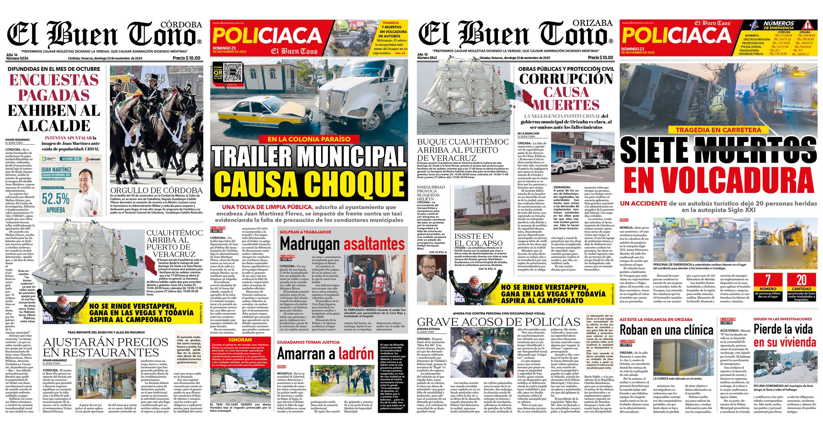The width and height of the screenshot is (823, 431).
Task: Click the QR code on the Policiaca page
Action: [x=233, y=73]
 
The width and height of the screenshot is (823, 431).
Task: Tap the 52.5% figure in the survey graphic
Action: [x=56, y=199]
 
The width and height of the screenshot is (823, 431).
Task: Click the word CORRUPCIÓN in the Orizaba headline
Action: [x=566, y=78]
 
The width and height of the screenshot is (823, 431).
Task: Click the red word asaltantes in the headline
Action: [x=374, y=244]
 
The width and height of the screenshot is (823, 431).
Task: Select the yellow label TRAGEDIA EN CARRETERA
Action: [x=718, y=130]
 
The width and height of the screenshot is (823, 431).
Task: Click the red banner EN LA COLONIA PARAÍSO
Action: [x=309, y=139]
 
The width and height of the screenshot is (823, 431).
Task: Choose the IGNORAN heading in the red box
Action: [x=240, y=340]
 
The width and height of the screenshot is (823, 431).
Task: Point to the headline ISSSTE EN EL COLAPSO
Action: [x=478, y=240]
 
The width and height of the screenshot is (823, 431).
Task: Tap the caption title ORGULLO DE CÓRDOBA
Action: [x=156, y=190]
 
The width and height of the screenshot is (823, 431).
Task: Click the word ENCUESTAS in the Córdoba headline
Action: [x=54, y=80]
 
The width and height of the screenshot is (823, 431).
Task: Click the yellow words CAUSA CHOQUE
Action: [x=309, y=184]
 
